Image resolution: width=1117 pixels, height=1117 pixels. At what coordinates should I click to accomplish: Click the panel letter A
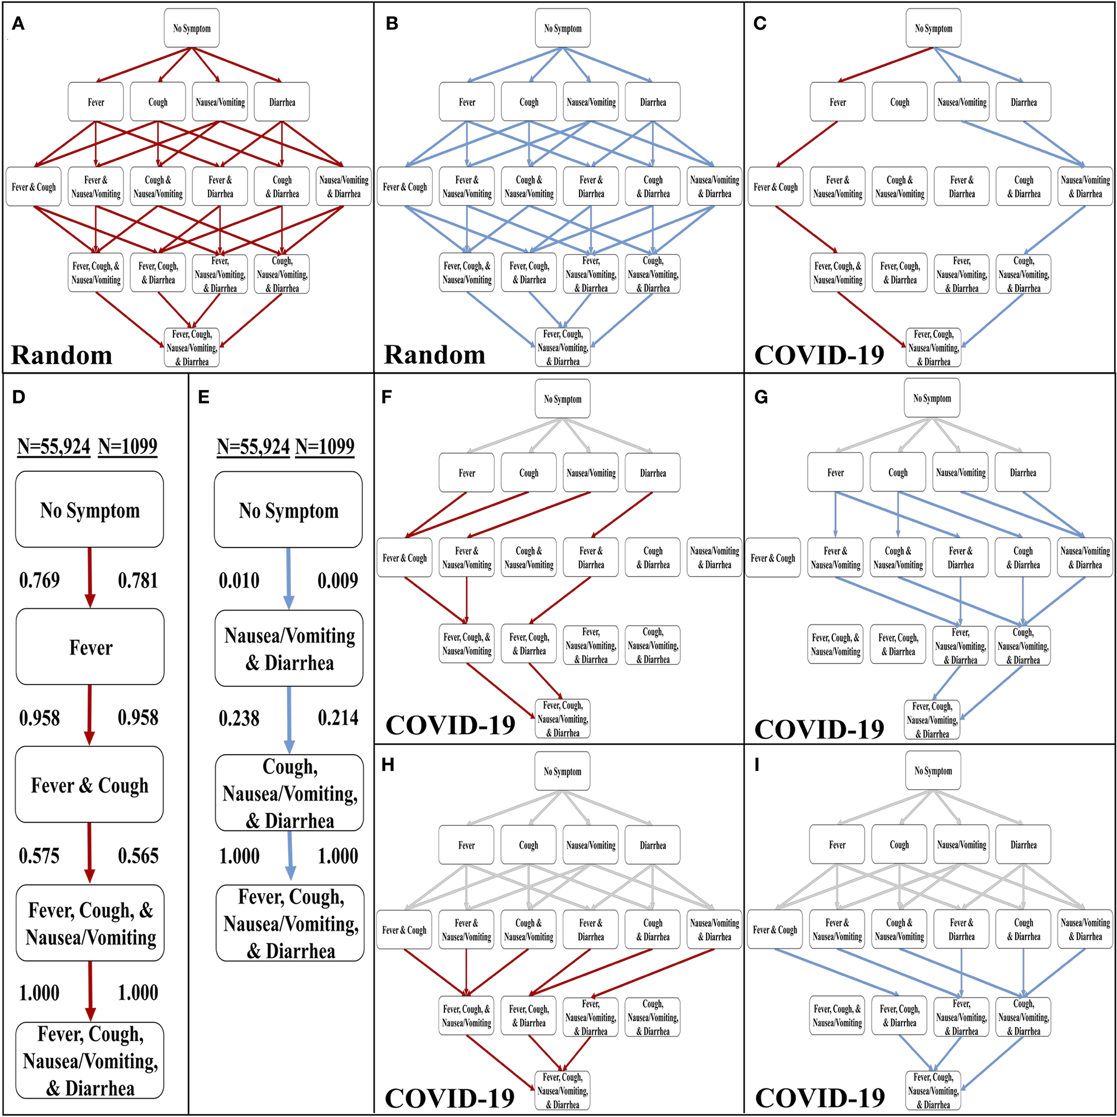point(18,24)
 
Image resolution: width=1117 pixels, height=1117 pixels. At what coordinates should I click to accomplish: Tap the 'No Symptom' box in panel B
point(562,28)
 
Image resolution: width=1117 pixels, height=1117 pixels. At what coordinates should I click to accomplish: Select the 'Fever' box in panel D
point(90,647)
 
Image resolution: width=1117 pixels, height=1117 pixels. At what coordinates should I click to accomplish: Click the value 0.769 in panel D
point(39,579)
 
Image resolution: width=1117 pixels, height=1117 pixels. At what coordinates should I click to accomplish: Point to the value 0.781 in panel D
point(137,579)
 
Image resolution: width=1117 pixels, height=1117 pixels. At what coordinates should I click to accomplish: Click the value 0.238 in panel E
point(239,718)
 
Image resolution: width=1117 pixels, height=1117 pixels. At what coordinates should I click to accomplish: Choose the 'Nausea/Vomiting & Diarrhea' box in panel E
point(289,648)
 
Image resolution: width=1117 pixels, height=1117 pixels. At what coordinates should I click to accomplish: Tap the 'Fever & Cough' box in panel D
point(90,785)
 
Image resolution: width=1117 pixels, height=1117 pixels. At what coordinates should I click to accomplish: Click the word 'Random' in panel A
point(62,355)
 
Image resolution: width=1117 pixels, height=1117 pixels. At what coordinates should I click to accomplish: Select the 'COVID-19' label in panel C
point(819,355)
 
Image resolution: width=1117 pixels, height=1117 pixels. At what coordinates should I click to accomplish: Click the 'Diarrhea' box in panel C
point(1024,102)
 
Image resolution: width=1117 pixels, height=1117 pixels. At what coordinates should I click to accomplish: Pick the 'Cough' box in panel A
point(158,102)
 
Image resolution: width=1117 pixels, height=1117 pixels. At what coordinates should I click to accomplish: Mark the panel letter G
point(762,397)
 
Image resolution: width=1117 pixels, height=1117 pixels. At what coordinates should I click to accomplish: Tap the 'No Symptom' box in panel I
point(933,771)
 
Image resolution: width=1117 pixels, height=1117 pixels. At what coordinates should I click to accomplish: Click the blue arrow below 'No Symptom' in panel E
point(289,578)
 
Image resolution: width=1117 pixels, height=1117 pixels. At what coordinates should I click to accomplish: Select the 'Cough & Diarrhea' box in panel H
point(653,930)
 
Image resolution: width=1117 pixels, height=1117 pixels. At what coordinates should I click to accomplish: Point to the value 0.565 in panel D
point(138,855)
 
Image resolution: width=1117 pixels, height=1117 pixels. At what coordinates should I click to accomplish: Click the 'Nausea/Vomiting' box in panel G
point(961,473)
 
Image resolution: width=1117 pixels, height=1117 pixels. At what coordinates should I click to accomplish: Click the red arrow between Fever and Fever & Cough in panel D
point(90,715)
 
